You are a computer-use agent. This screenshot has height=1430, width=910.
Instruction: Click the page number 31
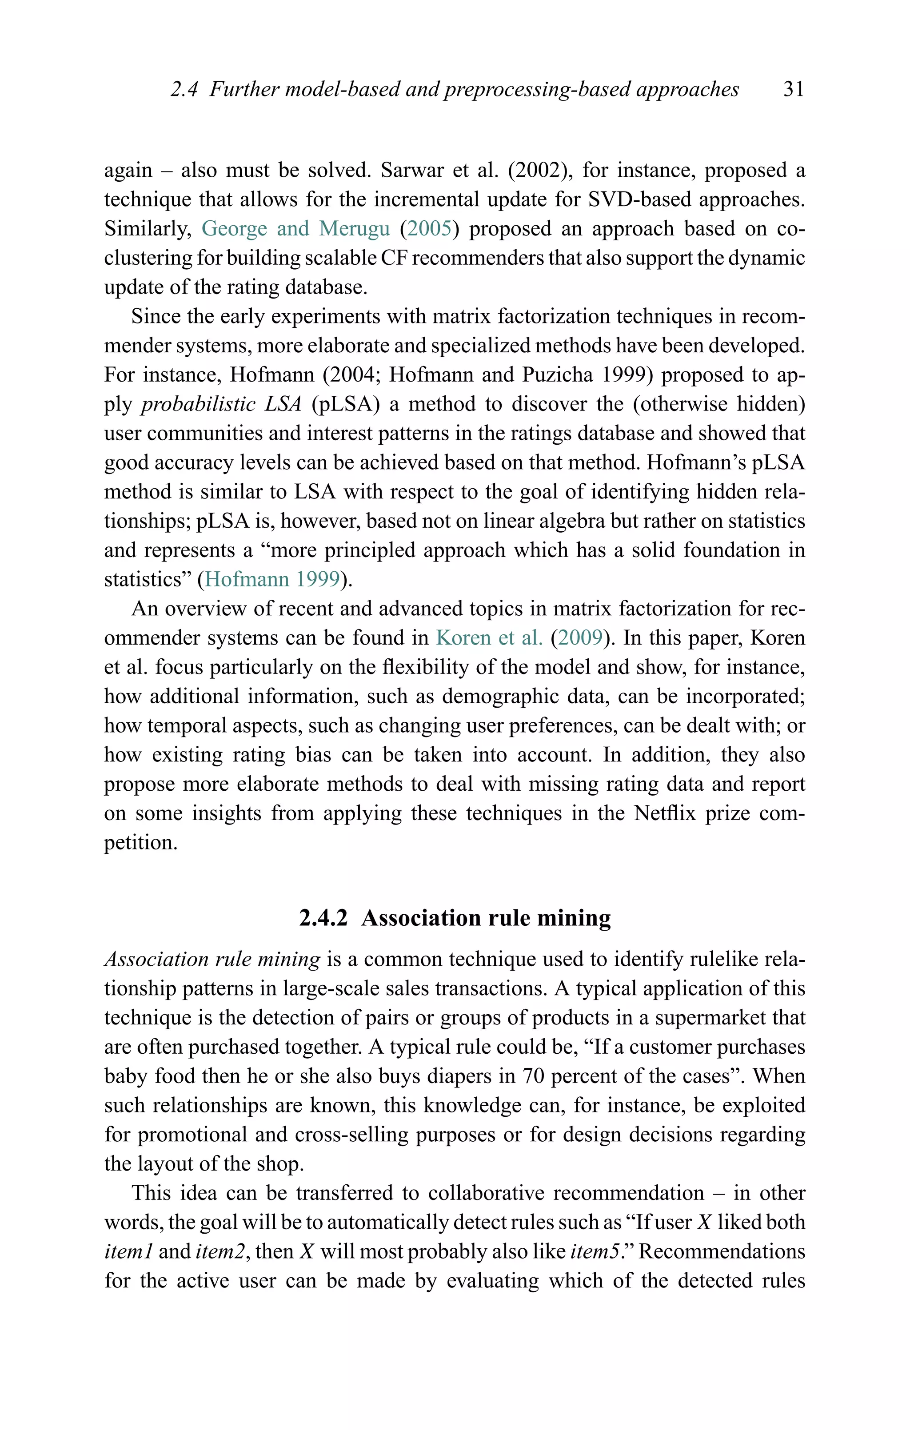point(794,89)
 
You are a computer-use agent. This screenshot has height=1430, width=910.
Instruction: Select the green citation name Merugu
point(354,229)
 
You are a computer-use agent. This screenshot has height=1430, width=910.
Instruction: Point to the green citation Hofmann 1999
point(273,579)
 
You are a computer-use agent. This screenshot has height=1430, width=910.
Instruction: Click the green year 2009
point(580,638)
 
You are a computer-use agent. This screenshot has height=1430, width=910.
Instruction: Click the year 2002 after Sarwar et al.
point(539,171)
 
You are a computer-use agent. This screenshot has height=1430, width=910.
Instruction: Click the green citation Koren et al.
point(489,638)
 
